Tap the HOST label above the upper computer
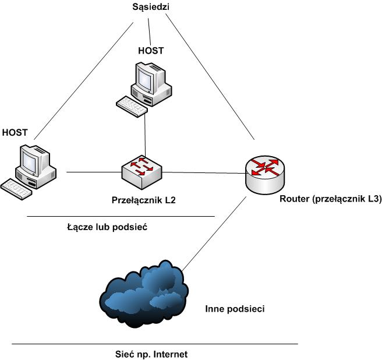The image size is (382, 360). pyautogui.click(x=150, y=51)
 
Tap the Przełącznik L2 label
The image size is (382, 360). pyautogui.click(x=143, y=199)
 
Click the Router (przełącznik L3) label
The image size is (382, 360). pyautogui.click(x=330, y=199)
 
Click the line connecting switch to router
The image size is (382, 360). pyautogui.click(x=204, y=172)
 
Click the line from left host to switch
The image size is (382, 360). pyautogui.click(x=93, y=172)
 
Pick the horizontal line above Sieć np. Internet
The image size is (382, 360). pyautogui.click(x=154, y=344)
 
